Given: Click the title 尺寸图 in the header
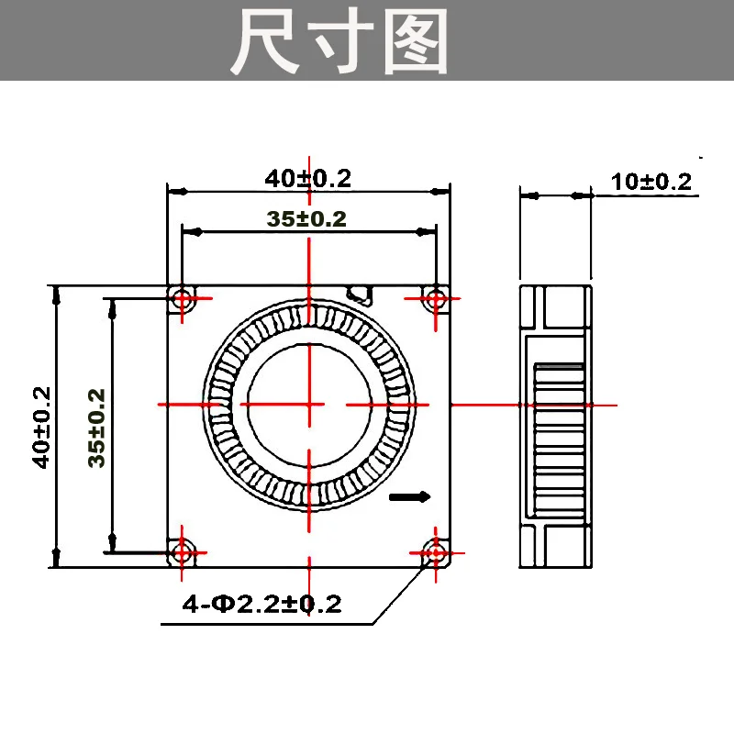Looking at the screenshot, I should click(x=339, y=41).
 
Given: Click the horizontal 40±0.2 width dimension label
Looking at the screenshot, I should click(x=308, y=178).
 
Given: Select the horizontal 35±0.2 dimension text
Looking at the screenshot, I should click(x=306, y=218).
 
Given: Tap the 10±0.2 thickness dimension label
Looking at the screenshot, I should click(x=651, y=181).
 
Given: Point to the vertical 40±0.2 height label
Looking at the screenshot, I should click(x=40, y=427).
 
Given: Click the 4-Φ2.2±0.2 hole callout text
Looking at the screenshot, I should click(x=262, y=604).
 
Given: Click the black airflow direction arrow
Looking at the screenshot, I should click(x=410, y=497).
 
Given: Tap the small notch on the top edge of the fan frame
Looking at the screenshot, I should click(x=360, y=293).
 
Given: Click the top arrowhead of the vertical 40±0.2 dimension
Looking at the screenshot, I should click(x=57, y=294).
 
